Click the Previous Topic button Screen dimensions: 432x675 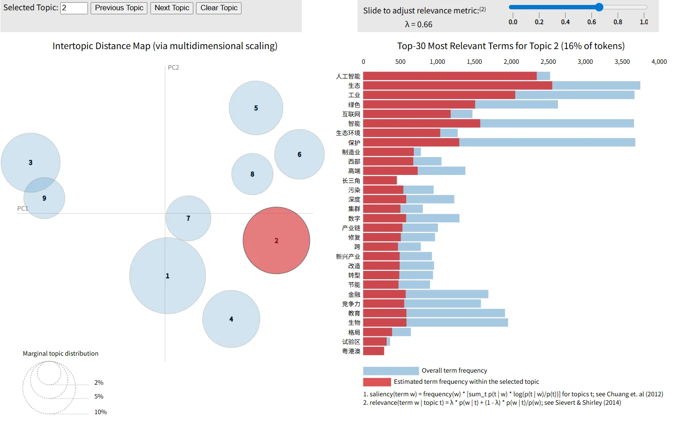point(119,8)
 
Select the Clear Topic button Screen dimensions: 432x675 point(219,8)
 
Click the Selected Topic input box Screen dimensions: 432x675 point(74,8)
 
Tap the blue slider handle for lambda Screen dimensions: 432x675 point(599,7)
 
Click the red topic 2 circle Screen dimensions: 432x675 point(276,241)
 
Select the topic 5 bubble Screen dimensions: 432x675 point(256,108)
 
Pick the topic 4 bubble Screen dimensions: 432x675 point(231,319)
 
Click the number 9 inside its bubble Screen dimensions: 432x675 point(44,198)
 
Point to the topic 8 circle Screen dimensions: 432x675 point(252,174)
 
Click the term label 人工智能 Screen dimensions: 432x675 point(348,76)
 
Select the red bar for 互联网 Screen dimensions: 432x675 point(407,114)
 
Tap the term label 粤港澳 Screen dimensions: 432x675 point(351,351)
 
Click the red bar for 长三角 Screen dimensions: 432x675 point(380,181)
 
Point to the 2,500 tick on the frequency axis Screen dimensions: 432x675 point(548,62)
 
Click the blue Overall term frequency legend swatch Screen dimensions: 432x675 point(391,371)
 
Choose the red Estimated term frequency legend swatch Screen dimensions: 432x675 point(377,382)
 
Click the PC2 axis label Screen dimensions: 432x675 point(173,67)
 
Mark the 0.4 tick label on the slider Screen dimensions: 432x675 point(565,22)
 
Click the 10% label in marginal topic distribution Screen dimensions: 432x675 point(100,412)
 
